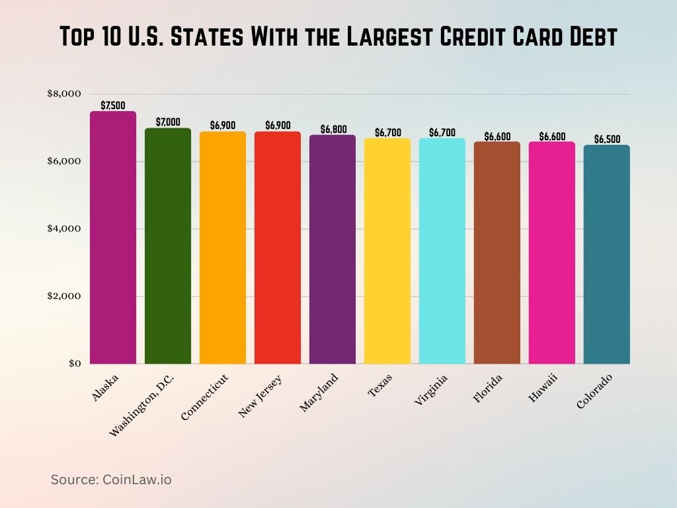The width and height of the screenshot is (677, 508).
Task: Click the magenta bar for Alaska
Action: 113,237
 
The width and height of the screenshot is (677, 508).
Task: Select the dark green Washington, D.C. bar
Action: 168,246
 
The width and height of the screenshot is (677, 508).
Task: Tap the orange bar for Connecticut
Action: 223,248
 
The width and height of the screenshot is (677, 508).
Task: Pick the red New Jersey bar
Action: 278,248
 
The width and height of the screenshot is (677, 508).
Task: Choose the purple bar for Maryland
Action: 333,250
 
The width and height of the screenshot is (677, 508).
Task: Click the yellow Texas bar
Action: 387,251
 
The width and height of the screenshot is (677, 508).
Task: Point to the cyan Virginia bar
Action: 442,251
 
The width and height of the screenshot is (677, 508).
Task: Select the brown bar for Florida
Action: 497,253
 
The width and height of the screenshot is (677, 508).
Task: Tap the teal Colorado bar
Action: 607,255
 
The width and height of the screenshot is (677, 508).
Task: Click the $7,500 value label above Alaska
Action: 113,105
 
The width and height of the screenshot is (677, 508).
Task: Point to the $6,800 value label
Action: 333,129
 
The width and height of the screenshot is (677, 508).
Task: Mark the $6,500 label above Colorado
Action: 607,139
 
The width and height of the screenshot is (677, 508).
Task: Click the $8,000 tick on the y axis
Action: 63,94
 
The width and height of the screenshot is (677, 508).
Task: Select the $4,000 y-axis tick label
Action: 63,229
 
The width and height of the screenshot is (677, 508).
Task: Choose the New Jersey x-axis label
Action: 260,396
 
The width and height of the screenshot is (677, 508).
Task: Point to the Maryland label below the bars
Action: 319,393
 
